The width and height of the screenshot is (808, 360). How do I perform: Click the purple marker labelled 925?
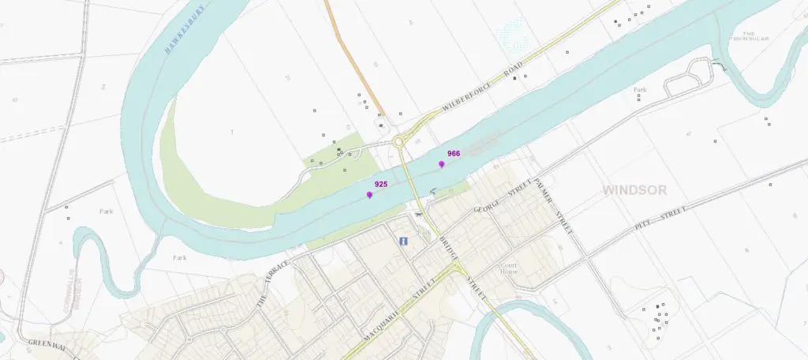(x=369, y=194)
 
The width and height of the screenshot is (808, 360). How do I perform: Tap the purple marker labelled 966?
(x=442, y=164)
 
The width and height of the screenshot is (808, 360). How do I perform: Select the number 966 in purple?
(x=454, y=154)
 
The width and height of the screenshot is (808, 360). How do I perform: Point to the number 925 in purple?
(x=381, y=184)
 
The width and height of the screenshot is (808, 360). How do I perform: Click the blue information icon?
(x=402, y=241)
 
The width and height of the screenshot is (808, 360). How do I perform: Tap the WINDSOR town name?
(x=634, y=190)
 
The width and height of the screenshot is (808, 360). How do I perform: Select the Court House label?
(x=509, y=268)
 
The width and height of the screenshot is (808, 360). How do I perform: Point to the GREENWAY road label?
(x=51, y=343)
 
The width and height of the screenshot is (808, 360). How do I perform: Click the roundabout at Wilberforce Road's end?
(x=399, y=143)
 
